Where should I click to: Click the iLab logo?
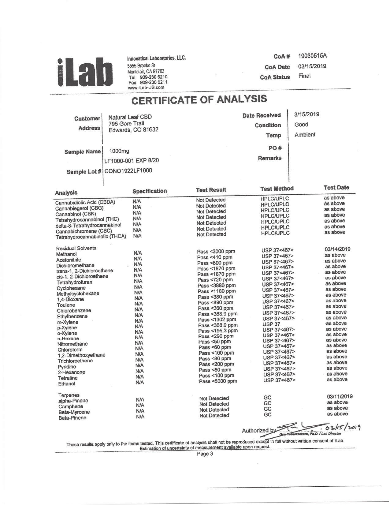click(84, 72)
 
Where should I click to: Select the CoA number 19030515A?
click(312, 56)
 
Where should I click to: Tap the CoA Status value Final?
click(304, 76)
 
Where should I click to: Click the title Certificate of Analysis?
click(199, 99)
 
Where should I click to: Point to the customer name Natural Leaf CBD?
click(130, 117)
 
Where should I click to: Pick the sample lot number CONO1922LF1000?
click(128, 171)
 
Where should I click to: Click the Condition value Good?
click(301, 125)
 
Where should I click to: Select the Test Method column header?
click(277, 189)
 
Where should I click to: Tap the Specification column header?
click(150, 191)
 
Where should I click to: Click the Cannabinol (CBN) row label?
click(76, 214)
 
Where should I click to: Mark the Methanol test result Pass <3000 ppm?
click(216, 252)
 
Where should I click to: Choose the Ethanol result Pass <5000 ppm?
click(218, 381)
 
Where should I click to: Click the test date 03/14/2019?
click(338, 249)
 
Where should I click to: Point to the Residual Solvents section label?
click(76, 248)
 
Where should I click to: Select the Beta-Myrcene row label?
click(74, 412)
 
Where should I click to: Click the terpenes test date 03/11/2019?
click(340, 397)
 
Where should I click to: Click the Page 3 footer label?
click(205, 454)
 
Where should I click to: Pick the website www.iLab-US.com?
click(146, 88)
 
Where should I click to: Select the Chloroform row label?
click(70, 350)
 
